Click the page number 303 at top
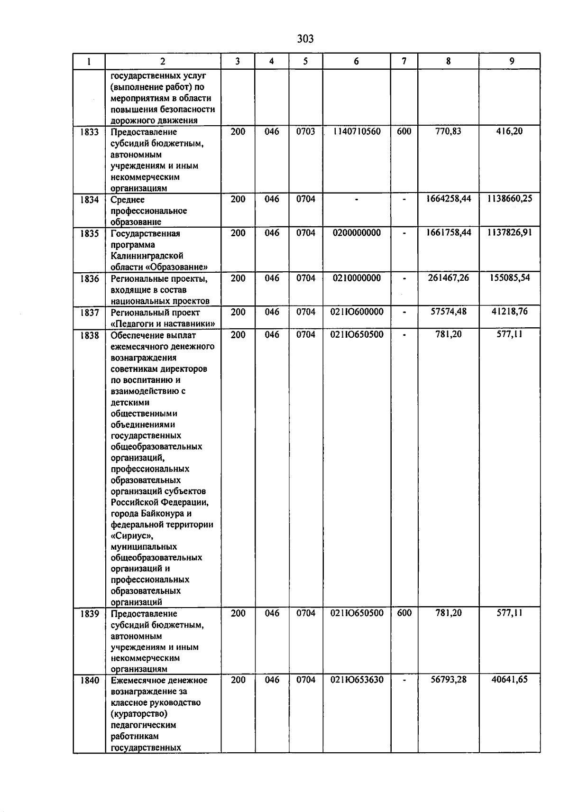point(305,39)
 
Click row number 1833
point(89,132)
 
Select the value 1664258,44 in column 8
point(448,199)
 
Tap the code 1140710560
point(357,131)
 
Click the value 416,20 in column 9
point(509,131)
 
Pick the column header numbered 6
point(356,61)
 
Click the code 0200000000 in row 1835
point(357,233)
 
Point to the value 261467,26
point(448,278)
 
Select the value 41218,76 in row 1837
point(509,312)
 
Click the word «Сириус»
point(132,536)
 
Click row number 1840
point(89,680)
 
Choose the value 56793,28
point(448,680)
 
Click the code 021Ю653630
point(357,680)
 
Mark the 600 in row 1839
point(404,613)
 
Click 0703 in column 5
point(305,131)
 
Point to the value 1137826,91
point(509,233)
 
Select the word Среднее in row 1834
point(128,200)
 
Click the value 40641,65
point(509,680)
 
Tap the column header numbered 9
point(511,61)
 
